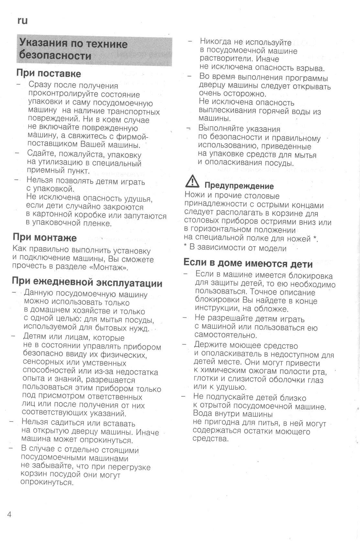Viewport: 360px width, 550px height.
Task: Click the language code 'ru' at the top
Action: [22, 21]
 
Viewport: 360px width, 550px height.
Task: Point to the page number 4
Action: [9, 514]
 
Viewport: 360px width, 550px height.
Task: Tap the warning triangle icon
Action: [192, 182]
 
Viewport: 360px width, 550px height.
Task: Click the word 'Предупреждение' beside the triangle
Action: [239, 186]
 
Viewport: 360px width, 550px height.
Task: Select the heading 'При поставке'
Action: [49, 73]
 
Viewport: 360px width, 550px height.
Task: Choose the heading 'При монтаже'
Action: [45, 238]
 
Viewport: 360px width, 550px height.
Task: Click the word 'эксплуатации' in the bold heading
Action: [130, 283]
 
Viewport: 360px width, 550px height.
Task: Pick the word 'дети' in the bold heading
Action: [301, 264]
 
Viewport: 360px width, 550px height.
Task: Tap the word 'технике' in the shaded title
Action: [108, 44]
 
